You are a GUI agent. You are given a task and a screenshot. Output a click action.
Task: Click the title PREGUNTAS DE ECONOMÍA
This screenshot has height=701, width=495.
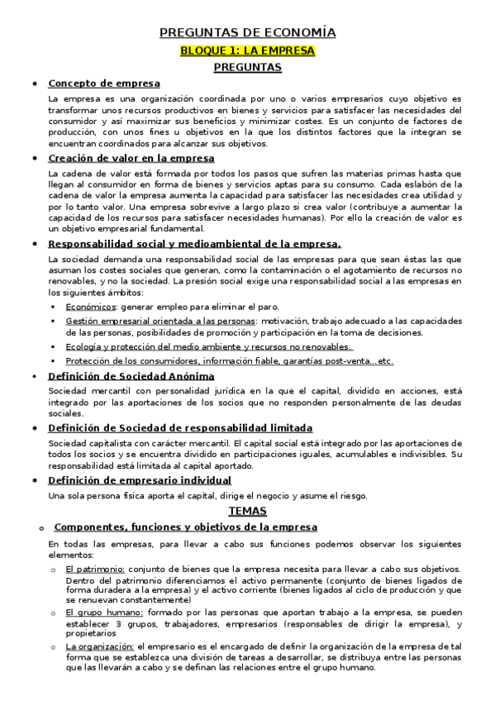[x=247, y=33]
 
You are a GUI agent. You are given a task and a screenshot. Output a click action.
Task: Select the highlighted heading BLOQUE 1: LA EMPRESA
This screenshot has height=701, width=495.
[x=247, y=50]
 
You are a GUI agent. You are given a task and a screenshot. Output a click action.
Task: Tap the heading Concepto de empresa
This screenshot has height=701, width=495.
[x=104, y=83]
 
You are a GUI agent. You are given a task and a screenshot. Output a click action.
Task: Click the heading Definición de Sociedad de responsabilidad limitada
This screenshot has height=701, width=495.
[x=180, y=427]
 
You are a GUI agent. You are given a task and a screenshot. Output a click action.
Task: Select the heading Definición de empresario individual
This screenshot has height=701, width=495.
[x=140, y=479]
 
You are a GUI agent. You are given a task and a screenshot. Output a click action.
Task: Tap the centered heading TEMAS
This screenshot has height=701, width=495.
[x=247, y=511]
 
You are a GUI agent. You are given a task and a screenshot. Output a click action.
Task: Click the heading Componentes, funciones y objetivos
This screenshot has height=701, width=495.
[x=179, y=527]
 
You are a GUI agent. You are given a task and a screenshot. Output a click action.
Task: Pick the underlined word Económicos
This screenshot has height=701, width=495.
[x=91, y=306]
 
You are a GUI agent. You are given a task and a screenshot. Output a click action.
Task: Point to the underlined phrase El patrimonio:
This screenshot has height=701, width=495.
[x=96, y=570]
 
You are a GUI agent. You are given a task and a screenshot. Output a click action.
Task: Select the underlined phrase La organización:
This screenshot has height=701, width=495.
[x=99, y=646]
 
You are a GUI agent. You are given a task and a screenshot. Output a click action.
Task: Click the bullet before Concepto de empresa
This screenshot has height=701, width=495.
[x=34, y=83]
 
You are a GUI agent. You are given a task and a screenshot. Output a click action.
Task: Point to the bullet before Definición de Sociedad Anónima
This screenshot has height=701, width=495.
[x=34, y=377]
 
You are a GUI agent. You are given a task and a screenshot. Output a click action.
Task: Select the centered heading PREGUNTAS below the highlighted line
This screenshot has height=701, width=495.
[x=247, y=67]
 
